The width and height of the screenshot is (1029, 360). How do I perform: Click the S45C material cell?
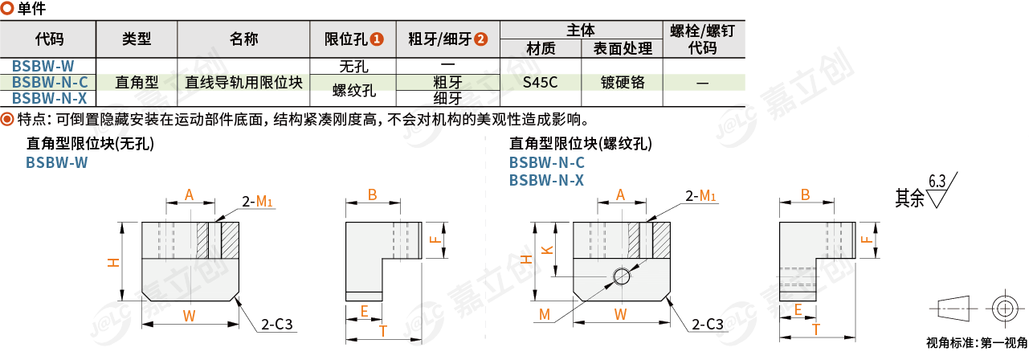540,82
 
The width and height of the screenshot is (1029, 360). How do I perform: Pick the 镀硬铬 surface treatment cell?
622,82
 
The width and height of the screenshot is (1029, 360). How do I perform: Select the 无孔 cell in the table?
354,66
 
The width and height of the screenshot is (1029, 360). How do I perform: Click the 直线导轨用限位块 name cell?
243,82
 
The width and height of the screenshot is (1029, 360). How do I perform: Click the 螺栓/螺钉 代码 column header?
702,39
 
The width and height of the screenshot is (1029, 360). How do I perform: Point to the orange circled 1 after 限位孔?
377,39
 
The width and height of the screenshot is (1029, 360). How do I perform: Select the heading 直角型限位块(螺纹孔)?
581,145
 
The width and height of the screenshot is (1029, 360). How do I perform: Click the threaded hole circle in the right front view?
621,277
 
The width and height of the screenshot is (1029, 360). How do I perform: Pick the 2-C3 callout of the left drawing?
276,325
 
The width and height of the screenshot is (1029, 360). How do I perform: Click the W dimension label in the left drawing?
189,316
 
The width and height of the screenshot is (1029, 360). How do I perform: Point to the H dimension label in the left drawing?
114,262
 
